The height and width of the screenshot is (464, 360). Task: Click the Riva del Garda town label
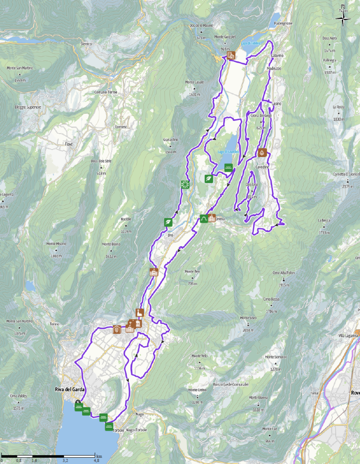coord(61,390)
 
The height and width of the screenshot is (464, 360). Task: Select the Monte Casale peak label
coord(194,82)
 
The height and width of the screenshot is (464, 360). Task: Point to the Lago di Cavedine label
coord(227,152)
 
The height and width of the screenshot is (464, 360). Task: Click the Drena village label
coord(220,219)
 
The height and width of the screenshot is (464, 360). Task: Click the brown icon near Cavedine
coord(262,153)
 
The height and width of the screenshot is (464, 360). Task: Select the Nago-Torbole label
coord(136,430)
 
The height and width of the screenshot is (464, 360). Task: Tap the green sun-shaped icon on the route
coord(184,183)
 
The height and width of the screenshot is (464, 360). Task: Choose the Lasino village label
coord(277,104)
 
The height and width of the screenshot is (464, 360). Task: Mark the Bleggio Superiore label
coord(27,107)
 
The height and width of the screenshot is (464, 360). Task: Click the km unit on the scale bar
coord(99,456)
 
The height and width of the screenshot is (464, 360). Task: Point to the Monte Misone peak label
coord(56,243)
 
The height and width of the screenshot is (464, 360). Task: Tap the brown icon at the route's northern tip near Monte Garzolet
coord(230,56)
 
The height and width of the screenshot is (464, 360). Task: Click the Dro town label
coord(170,235)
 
